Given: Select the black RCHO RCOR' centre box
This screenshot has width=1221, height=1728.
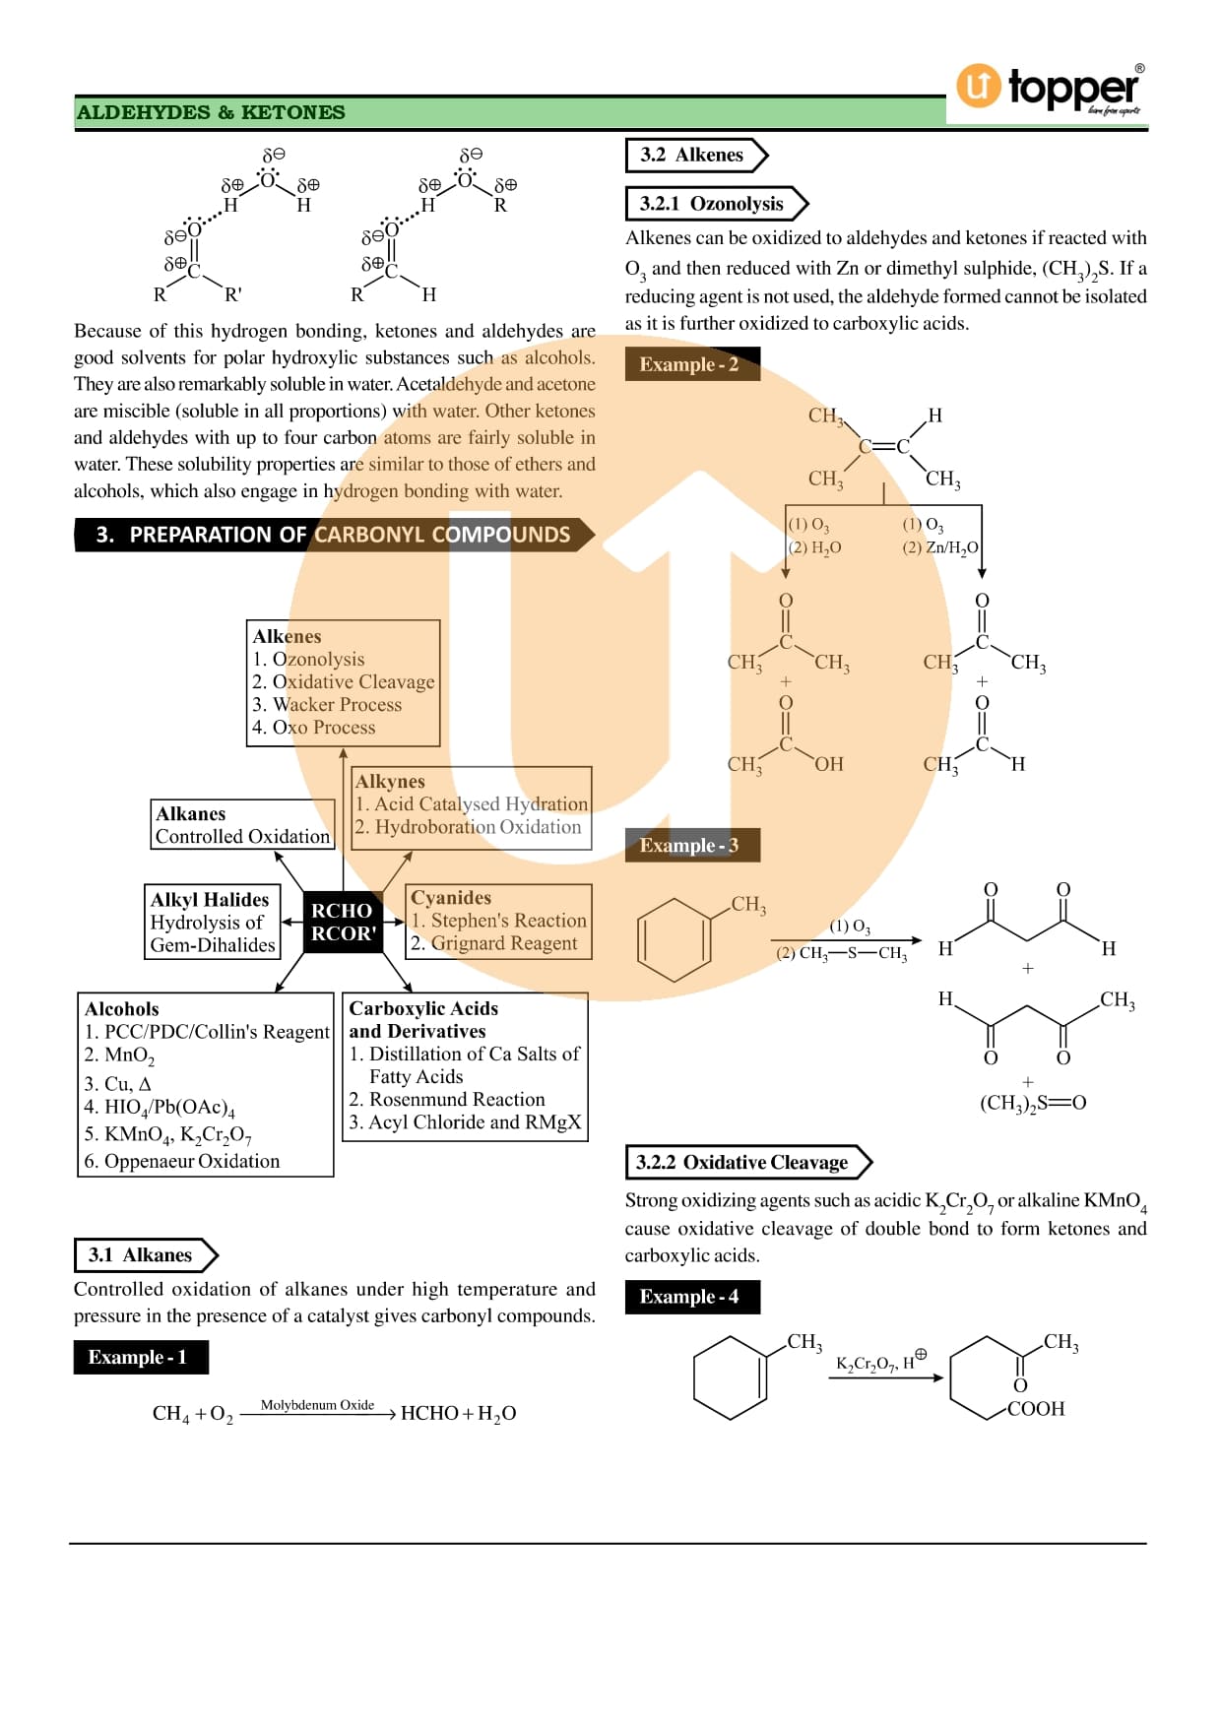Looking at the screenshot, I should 343,922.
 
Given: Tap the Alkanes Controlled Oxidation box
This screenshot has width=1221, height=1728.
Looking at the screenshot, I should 242,825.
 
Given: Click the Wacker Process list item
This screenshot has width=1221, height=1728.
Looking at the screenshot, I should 327,705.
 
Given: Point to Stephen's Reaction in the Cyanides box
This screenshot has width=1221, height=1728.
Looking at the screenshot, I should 498,921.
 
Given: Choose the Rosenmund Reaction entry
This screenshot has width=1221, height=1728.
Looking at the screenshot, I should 447,1100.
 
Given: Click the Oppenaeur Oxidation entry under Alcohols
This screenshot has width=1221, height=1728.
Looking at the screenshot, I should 182,1162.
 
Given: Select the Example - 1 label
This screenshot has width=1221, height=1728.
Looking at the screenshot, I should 141,1358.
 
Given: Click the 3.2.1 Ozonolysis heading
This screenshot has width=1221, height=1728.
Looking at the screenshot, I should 712,204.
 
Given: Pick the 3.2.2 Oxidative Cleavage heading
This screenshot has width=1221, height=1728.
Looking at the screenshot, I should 742,1163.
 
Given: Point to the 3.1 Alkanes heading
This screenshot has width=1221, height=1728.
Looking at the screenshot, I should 140,1255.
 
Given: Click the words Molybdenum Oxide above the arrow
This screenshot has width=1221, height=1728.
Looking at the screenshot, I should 317,1405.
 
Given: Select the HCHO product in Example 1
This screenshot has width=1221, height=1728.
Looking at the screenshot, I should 429,1414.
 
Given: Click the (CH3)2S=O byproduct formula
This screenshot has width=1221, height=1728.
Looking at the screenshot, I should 1033,1103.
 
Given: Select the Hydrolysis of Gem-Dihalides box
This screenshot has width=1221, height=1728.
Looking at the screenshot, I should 213,933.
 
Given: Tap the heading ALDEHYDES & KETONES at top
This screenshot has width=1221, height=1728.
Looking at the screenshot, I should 211,112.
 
